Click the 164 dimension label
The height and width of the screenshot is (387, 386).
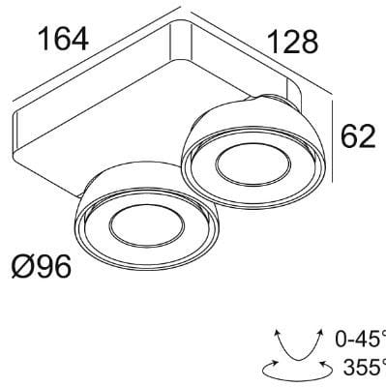[x=62, y=39]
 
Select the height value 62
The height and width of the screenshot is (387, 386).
[x=355, y=137]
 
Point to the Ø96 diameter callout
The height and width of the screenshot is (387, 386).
[x=41, y=265]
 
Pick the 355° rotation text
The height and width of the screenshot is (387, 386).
[x=364, y=367]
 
